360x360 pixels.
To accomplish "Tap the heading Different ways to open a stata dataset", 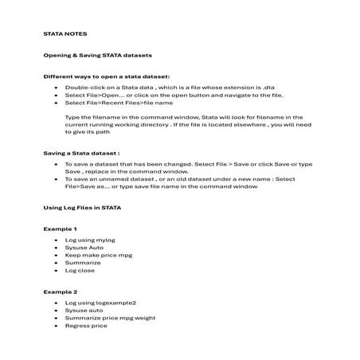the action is pyautogui.click(x=107, y=76).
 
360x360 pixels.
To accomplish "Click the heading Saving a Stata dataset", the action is pyautogui.click(x=81, y=151).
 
